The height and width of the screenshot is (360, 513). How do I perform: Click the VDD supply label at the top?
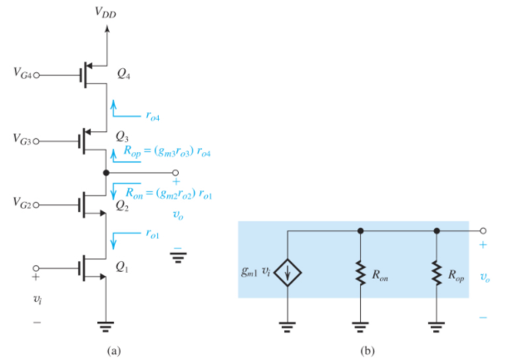(x=106, y=12)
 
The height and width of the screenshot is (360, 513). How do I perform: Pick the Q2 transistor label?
(x=122, y=205)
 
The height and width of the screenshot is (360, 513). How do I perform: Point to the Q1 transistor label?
(x=122, y=267)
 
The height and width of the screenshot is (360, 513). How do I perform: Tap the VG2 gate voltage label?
(x=23, y=202)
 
